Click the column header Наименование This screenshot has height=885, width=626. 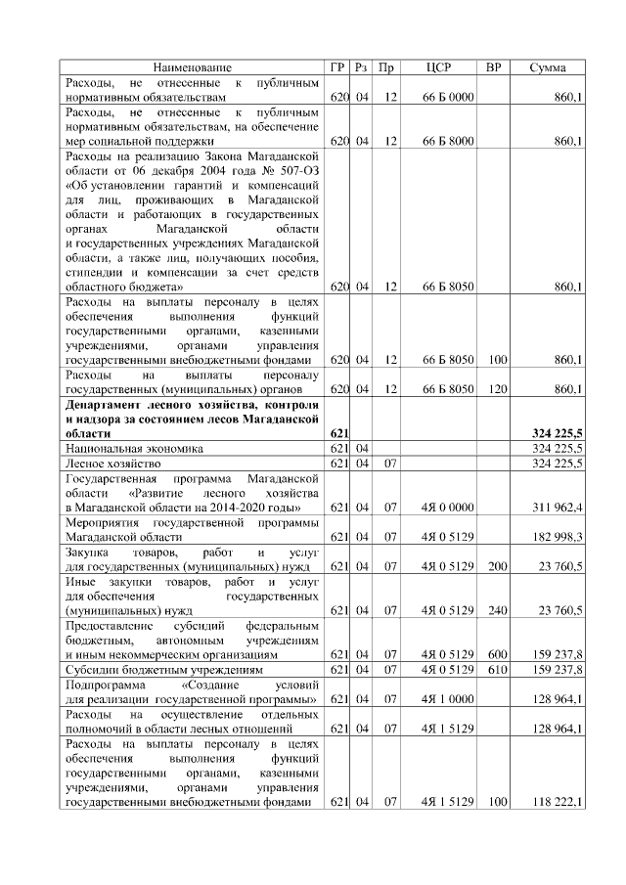[x=193, y=67]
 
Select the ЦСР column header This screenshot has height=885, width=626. [x=438, y=67]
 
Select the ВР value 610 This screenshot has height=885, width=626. [x=497, y=669]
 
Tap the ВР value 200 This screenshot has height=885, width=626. [x=497, y=566]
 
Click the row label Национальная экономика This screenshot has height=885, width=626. [x=134, y=448]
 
